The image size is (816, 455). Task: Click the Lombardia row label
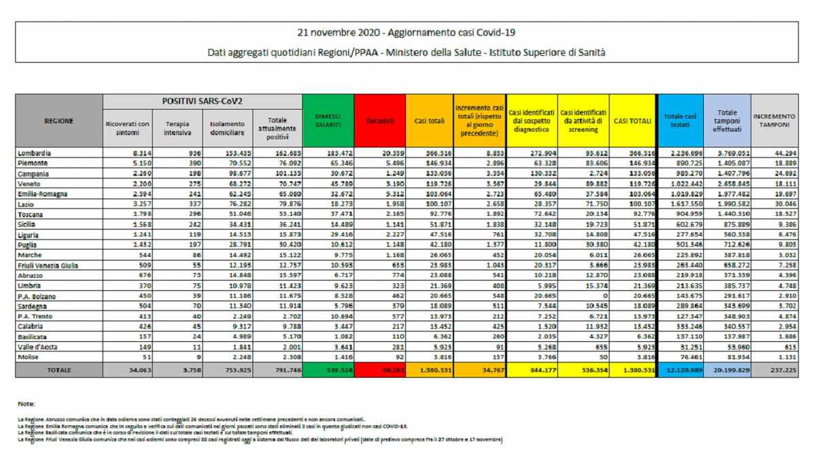point(35,153)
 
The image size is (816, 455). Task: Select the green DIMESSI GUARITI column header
point(328,121)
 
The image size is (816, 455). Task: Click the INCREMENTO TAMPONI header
point(774,121)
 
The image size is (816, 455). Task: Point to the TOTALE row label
point(58,370)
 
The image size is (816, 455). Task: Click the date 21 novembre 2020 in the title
point(337,32)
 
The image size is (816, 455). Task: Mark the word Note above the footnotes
point(27,404)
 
